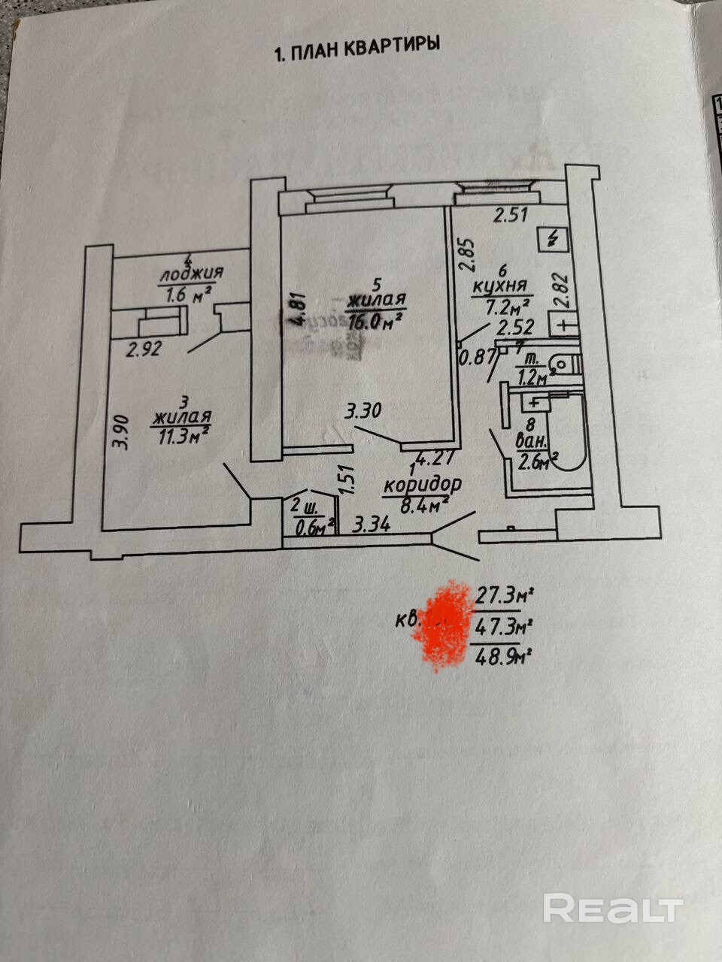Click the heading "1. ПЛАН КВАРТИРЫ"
pos(357,50)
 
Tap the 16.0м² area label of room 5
pos(375,322)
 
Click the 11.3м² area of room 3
pos(180,435)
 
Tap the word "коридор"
pos(422,485)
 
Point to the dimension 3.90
pos(119,432)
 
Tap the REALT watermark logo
pos(613,909)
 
